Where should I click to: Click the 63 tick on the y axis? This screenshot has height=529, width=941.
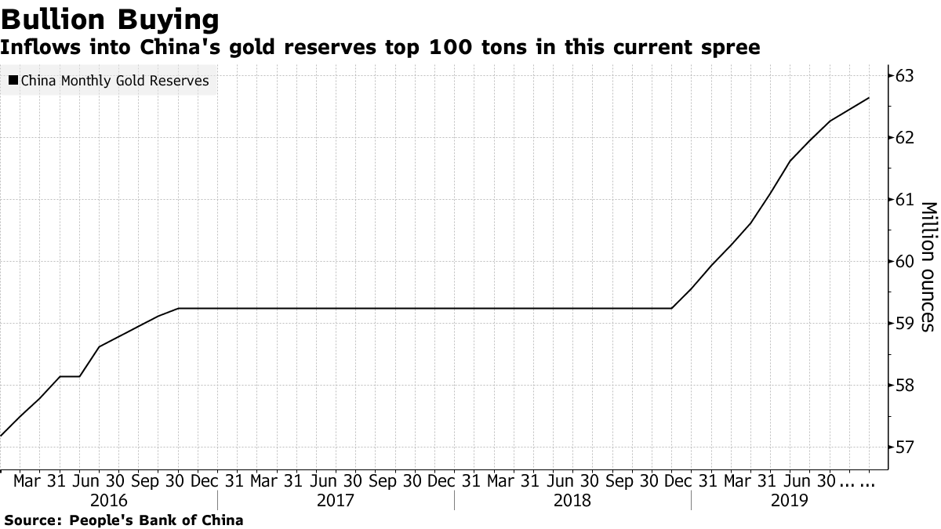(904, 76)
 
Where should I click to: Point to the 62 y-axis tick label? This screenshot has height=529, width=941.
(904, 138)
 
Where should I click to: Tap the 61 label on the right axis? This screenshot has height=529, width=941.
(904, 200)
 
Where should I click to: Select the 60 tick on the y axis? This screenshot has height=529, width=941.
(904, 262)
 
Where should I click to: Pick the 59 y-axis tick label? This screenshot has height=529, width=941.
(904, 324)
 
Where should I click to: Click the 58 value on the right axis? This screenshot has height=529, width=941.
(904, 386)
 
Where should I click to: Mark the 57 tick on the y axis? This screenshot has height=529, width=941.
(904, 447)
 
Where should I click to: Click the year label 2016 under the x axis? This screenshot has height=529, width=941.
(109, 500)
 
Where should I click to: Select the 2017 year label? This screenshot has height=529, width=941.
(336, 500)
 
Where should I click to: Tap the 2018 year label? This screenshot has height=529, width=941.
(572, 500)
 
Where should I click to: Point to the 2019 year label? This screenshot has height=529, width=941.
(790, 500)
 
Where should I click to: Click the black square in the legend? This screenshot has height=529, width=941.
(13, 81)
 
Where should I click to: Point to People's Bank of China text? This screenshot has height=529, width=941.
(157, 520)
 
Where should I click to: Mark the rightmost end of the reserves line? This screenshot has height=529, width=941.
(869, 98)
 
